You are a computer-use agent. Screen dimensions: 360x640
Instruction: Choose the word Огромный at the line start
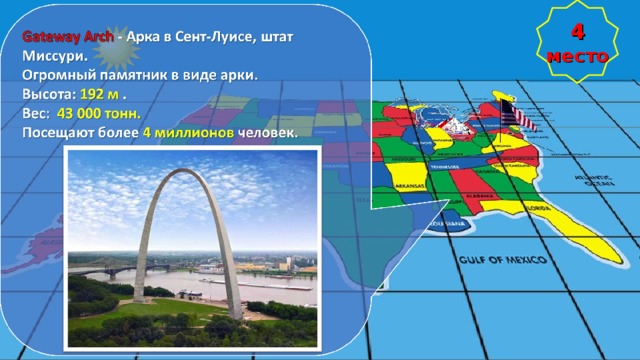(x=60, y=74)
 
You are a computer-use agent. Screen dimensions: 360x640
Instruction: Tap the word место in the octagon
(x=577, y=56)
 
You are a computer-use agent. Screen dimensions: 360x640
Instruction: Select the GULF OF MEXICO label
(x=503, y=261)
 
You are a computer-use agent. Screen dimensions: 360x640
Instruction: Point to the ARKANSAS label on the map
(x=409, y=186)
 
